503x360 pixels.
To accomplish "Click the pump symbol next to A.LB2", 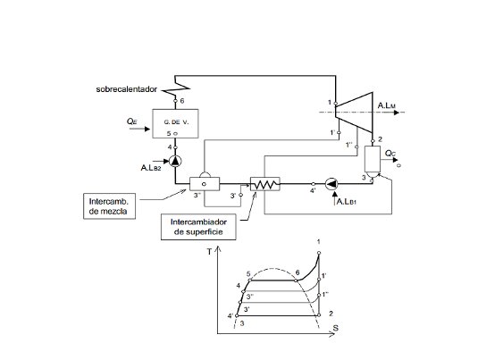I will click(x=175, y=161).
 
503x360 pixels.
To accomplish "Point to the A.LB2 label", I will click(x=154, y=167).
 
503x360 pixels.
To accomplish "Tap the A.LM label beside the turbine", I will click(x=387, y=107).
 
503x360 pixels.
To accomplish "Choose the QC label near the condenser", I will click(x=391, y=154).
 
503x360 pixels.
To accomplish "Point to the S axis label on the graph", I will click(x=335, y=330).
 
